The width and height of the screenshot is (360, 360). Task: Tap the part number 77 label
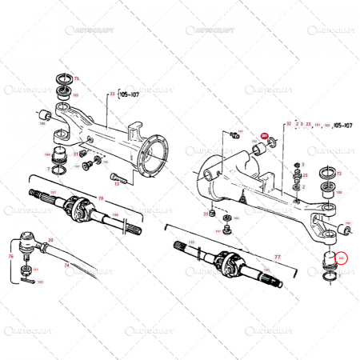coord(278,258)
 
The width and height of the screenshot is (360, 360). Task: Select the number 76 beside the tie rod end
coord(11,257)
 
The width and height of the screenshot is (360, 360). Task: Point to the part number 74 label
coord(66,265)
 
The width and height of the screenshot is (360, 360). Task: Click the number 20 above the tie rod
coord(51,240)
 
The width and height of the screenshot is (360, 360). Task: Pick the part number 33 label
coord(112,94)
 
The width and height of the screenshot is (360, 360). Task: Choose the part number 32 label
coord(288,125)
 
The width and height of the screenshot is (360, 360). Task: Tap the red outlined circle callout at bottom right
coord(342,257)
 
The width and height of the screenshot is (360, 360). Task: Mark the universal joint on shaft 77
coord(226,262)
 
